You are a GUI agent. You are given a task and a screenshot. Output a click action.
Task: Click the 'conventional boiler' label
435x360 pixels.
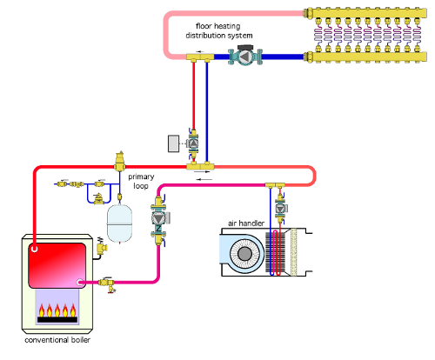coord(57,340)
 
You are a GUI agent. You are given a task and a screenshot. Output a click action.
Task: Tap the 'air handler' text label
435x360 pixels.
coord(246,223)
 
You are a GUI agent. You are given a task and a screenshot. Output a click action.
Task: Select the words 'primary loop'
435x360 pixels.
coord(141,181)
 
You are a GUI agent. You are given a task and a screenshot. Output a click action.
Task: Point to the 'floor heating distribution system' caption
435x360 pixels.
coord(219,30)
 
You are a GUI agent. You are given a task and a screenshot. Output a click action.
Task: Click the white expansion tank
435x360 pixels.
coord(119,223)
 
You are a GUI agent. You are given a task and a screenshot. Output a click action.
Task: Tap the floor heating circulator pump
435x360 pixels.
coord(245,57)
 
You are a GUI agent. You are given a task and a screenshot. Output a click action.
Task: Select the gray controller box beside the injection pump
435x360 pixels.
coord(174,143)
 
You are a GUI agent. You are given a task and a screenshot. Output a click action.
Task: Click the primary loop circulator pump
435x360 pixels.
coord(158,219)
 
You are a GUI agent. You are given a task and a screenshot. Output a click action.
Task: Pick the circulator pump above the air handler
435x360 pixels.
coord(280,209)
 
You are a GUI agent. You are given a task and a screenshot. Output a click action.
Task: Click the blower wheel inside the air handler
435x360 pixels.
coord(244,254)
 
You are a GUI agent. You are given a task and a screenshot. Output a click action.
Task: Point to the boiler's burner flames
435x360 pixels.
coord(57,310)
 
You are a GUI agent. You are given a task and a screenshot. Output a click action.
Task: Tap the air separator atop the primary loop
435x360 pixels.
coord(119,161)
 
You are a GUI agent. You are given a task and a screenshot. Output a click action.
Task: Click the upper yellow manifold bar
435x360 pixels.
coord(365,13)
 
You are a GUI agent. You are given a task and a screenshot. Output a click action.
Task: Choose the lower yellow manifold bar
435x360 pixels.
coord(365,57)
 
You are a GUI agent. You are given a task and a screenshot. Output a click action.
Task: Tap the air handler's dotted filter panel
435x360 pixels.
coord(293,252)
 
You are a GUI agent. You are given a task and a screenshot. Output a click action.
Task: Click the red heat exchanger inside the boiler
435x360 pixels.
coord(57,265)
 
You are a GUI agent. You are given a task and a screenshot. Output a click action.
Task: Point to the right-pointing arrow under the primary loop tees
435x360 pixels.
coord(203,172)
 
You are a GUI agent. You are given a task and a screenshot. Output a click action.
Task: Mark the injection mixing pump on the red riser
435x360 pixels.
coord(193,143)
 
